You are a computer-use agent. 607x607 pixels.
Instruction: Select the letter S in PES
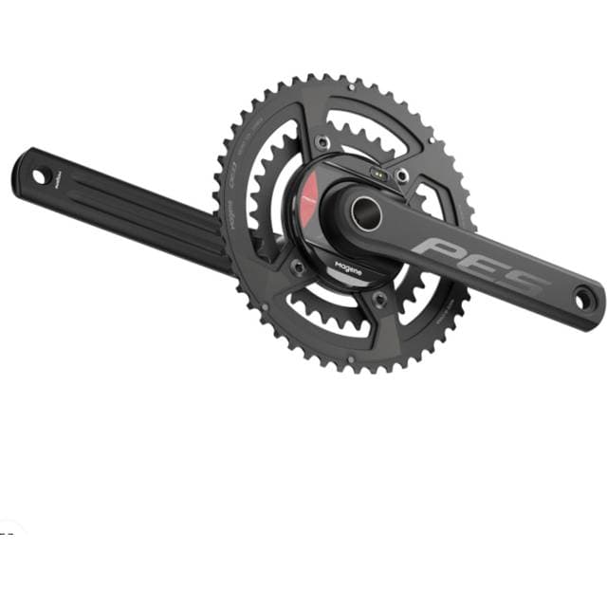click(x=526, y=281)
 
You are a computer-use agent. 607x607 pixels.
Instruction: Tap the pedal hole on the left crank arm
click(x=39, y=175)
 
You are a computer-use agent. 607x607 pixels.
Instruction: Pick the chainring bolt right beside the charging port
click(x=402, y=175)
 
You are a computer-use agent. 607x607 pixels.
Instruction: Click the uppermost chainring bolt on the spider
click(x=323, y=141)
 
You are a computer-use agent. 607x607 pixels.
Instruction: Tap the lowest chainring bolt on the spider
click(x=379, y=299)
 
